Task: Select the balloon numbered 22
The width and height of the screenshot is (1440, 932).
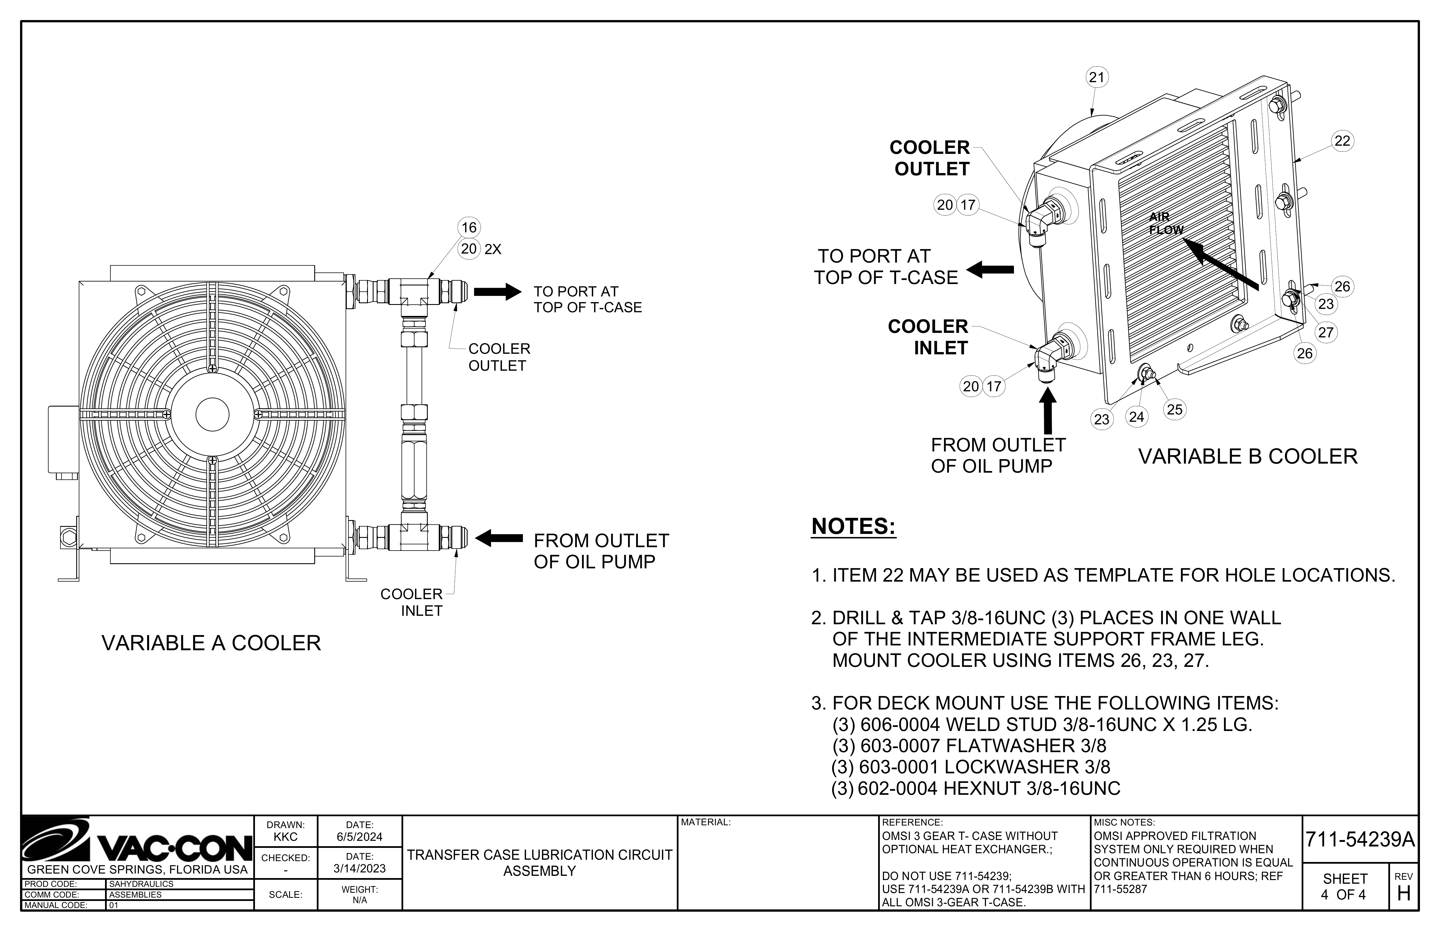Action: pos(1342,141)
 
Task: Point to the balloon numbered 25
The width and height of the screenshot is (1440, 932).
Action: pos(1174,410)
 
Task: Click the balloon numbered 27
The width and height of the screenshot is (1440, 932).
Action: pos(1326,332)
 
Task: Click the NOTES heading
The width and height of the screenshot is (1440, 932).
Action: pos(853,527)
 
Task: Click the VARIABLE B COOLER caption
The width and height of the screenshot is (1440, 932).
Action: pos(1248,456)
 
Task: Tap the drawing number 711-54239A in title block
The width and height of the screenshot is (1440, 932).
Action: pos(1360,840)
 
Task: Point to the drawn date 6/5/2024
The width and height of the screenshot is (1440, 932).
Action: pos(359,837)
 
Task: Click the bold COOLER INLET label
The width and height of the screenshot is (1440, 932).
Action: pos(928,337)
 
